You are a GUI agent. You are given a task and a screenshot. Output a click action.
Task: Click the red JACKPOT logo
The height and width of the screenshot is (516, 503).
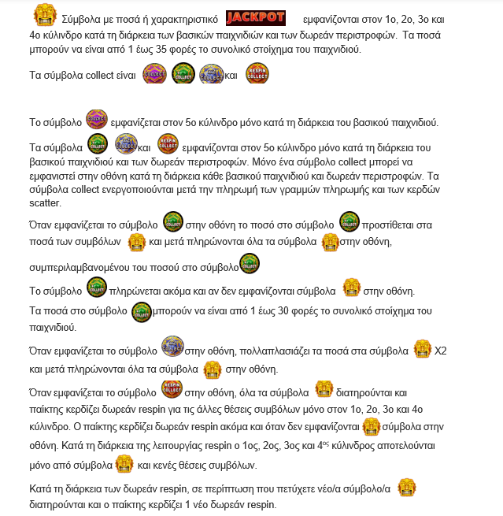[x=255, y=17]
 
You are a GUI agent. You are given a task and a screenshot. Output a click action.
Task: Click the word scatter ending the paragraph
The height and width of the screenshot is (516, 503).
[x=44, y=202]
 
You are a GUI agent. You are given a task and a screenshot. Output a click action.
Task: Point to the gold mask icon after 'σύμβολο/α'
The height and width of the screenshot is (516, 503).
[x=406, y=487]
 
